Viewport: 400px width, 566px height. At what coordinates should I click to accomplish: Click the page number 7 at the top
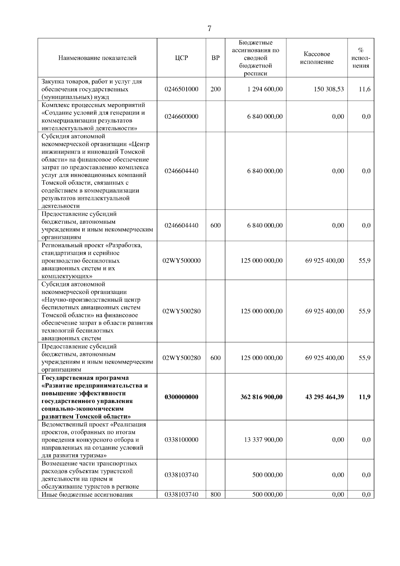(209, 29)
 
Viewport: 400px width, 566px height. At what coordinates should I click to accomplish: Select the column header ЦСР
(181, 58)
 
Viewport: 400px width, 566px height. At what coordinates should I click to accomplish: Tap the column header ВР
(216, 58)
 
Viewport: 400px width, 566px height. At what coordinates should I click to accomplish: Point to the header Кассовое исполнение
(317, 58)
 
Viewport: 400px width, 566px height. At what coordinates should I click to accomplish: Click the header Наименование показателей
(97, 58)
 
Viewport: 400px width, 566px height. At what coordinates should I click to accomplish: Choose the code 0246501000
(181, 89)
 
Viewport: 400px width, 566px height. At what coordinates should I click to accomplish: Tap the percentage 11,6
(364, 89)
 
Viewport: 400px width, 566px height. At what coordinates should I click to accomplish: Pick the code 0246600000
(181, 117)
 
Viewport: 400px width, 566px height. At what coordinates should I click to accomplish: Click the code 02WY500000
(181, 261)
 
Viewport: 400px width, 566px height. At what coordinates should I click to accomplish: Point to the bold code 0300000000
(181, 397)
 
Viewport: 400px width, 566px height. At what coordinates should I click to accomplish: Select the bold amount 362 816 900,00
(262, 397)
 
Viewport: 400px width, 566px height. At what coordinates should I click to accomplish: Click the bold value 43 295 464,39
(324, 397)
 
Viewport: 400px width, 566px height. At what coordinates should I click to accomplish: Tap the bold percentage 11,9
(364, 397)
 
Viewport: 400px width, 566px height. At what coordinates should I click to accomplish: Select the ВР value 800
(216, 495)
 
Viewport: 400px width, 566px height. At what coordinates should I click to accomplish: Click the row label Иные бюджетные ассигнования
(87, 495)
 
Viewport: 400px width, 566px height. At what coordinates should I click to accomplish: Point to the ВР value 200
(216, 89)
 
